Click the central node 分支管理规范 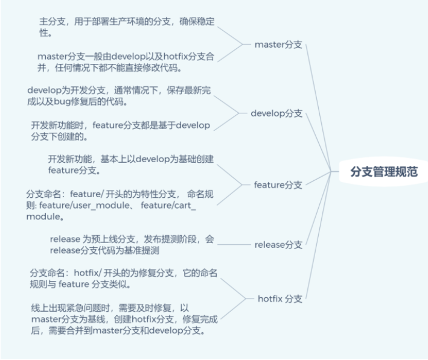click(x=384, y=171)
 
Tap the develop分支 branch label click(x=276, y=113)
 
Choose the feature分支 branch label click(x=278, y=185)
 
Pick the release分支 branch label click(x=278, y=244)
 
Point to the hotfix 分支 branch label click(x=278, y=298)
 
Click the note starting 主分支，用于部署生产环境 click(x=126, y=27)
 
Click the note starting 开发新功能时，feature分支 click(x=121, y=131)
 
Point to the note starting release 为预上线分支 click(x=132, y=244)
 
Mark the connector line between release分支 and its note click(x=232, y=244)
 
